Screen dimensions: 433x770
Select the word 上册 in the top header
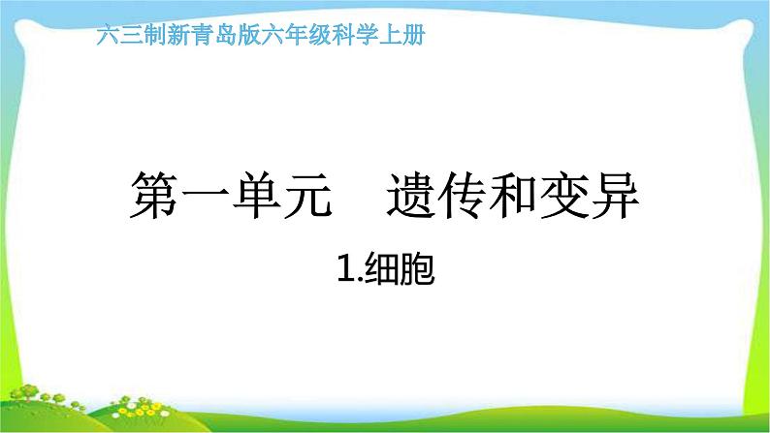tap(402, 37)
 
